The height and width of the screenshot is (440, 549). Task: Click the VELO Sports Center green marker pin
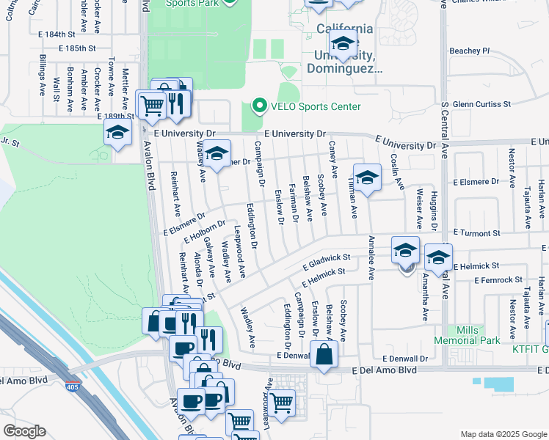click(x=258, y=106)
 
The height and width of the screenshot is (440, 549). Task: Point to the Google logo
click(x=24, y=431)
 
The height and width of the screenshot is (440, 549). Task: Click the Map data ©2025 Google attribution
click(x=503, y=434)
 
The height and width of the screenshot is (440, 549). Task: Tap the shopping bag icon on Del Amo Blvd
click(x=324, y=356)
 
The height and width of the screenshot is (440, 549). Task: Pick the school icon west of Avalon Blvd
click(x=117, y=134)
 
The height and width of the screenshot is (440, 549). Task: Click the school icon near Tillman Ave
click(x=367, y=177)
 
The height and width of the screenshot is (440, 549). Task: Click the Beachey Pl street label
click(x=469, y=51)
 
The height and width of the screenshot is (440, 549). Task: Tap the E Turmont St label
click(x=476, y=232)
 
